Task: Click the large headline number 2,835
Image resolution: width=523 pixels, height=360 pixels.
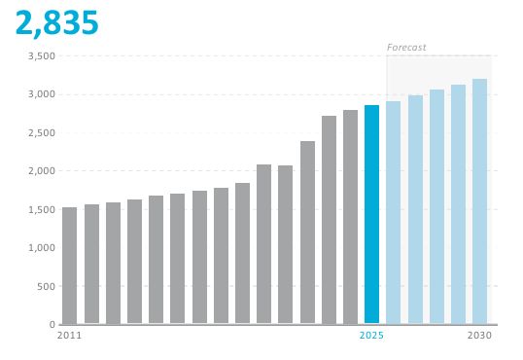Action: tap(57, 23)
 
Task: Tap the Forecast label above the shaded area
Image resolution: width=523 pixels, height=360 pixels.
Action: tap(406, 48)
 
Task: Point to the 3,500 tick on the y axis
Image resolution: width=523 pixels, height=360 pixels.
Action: tap(42, 56)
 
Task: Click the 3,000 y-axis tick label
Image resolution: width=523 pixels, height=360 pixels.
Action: tap(42, 94)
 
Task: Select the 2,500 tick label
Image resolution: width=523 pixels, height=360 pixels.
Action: tap(42, 133)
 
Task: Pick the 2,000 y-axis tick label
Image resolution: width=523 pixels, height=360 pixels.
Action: tap(42, 171)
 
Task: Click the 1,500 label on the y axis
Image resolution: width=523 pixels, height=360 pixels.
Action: tap(42, 210)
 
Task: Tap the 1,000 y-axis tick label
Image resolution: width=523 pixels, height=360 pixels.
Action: tap(42, 248)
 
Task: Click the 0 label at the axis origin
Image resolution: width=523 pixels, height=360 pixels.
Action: tap(52, 324)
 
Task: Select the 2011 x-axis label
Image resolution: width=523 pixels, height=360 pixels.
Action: tap(69, 336)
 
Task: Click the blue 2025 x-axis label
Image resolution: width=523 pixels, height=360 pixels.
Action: tap(371, 336)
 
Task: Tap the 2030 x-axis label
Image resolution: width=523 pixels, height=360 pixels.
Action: tap(479, 336)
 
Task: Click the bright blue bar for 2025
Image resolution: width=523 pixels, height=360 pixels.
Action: tap(371, 214)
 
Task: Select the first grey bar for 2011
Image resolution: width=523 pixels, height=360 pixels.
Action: tap(69, 266)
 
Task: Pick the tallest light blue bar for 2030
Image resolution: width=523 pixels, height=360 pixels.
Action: tap(479, 201)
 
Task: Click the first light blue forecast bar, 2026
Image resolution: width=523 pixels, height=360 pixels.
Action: tap(394, 212)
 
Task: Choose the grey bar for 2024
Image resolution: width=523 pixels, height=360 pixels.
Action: tap(350, 217)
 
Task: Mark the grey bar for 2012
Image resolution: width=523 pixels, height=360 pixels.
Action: tap(91, 264)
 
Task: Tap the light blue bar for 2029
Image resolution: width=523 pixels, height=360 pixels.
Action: tap(458, 204)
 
